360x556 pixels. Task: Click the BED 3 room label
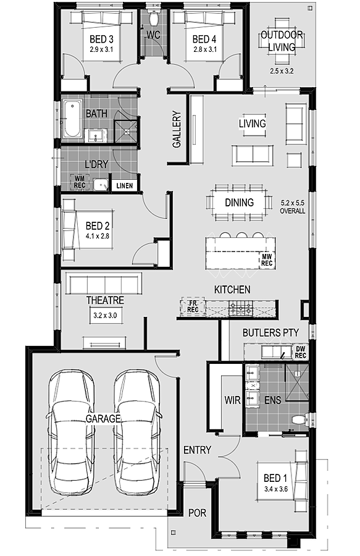101,39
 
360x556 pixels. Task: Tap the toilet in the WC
153,17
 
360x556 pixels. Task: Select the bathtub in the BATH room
72,118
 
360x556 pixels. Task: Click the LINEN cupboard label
124,185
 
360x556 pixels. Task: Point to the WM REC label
80,182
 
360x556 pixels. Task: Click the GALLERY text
177,129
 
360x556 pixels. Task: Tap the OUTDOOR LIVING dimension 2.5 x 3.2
282,71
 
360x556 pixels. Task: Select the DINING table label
239,203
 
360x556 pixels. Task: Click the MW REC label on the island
267,259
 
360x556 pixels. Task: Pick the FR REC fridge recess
193,306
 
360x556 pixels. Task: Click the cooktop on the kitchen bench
241,308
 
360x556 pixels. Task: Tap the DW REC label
301,352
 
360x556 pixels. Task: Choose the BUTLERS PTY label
270,332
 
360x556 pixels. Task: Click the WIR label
232,400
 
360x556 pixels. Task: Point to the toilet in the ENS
299,420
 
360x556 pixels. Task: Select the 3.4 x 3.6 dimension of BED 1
276,489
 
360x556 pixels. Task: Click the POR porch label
198,513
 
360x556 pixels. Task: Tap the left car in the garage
71,432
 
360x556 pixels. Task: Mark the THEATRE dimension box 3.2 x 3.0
105,315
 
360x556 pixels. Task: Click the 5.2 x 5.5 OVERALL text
293,207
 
